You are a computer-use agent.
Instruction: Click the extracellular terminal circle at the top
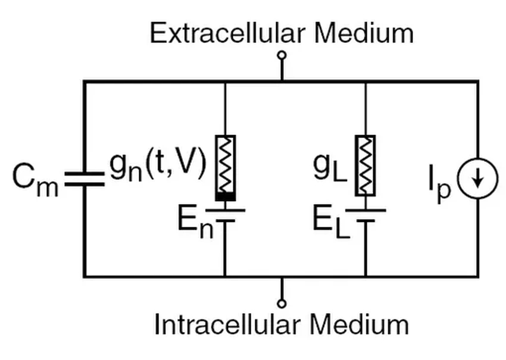[282, 56]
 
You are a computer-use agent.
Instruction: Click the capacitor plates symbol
[84, 179]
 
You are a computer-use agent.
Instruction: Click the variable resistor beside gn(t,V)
[225, 164]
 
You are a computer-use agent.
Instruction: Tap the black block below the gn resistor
[225, 196]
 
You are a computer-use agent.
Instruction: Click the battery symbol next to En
[225, 215]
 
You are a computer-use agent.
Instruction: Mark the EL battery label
[331, 222]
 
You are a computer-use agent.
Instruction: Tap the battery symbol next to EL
[365, 215]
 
